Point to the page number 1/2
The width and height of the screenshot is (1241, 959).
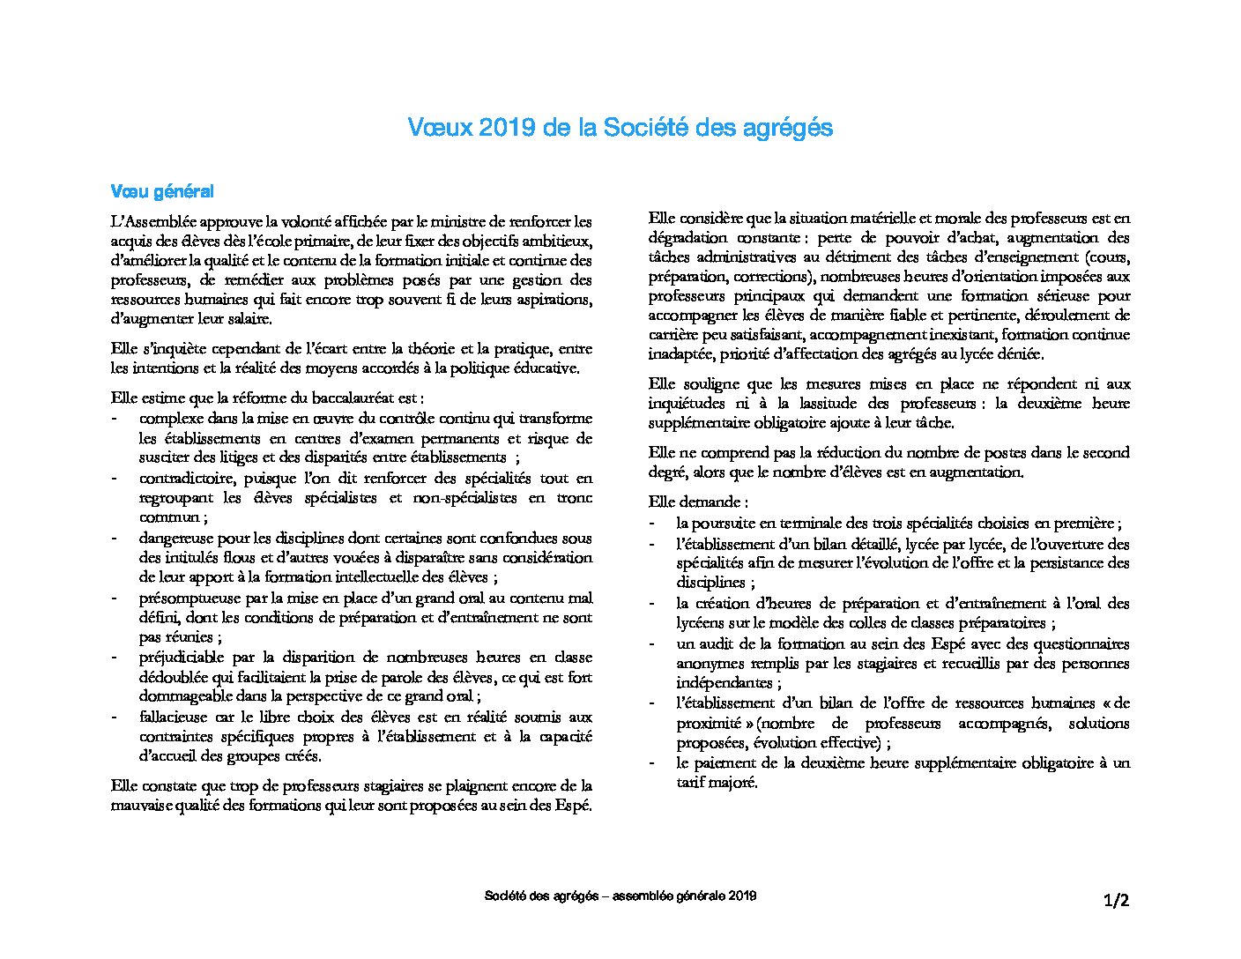click(x=1116, y=900)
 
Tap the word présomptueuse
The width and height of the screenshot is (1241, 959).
click(x=187, y=598)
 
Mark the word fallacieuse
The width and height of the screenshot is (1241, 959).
click(x=174, y=717)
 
